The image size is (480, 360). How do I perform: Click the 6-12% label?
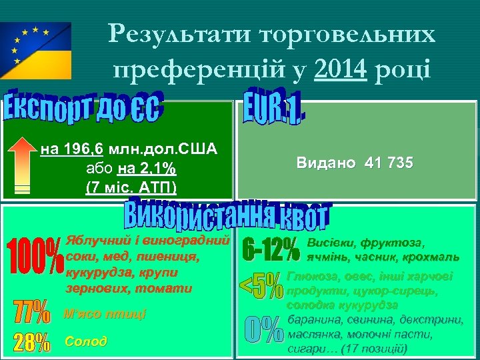[x=271, y=251]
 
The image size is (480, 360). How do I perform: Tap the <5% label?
[x=261, y=287]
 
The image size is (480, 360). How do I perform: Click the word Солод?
[x=85, y=342]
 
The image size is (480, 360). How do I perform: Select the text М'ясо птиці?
[x=104, y=314]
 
